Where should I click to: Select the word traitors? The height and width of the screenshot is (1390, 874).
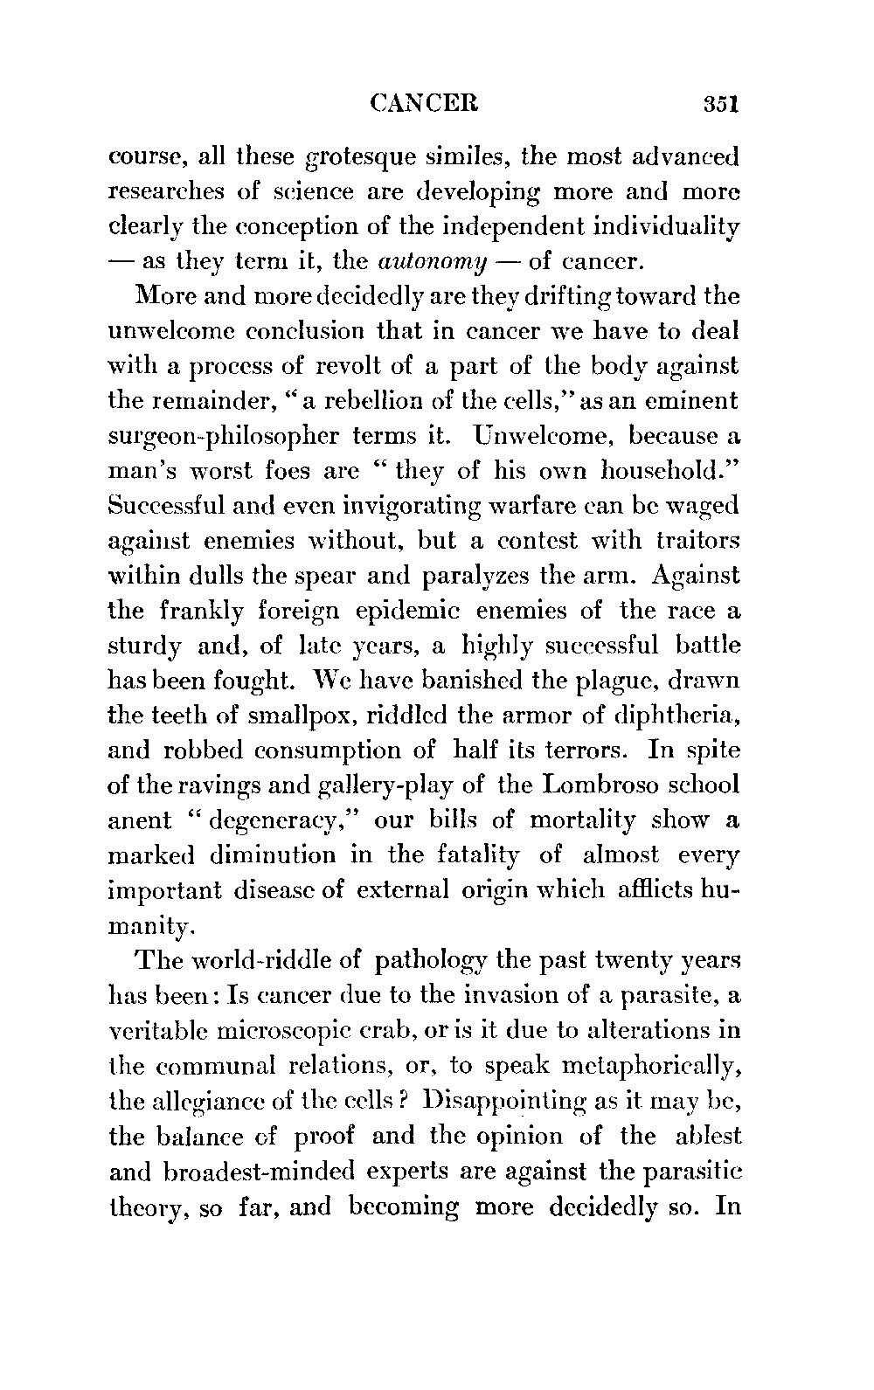(697, 541)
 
